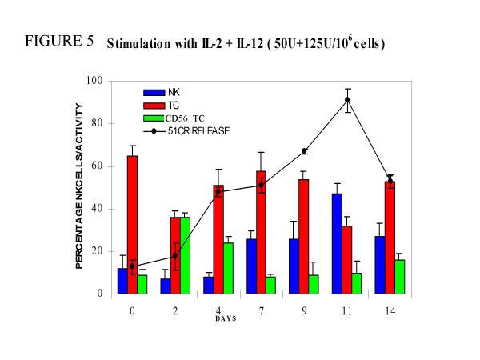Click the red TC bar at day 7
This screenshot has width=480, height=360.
261,232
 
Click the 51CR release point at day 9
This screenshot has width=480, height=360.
304,151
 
